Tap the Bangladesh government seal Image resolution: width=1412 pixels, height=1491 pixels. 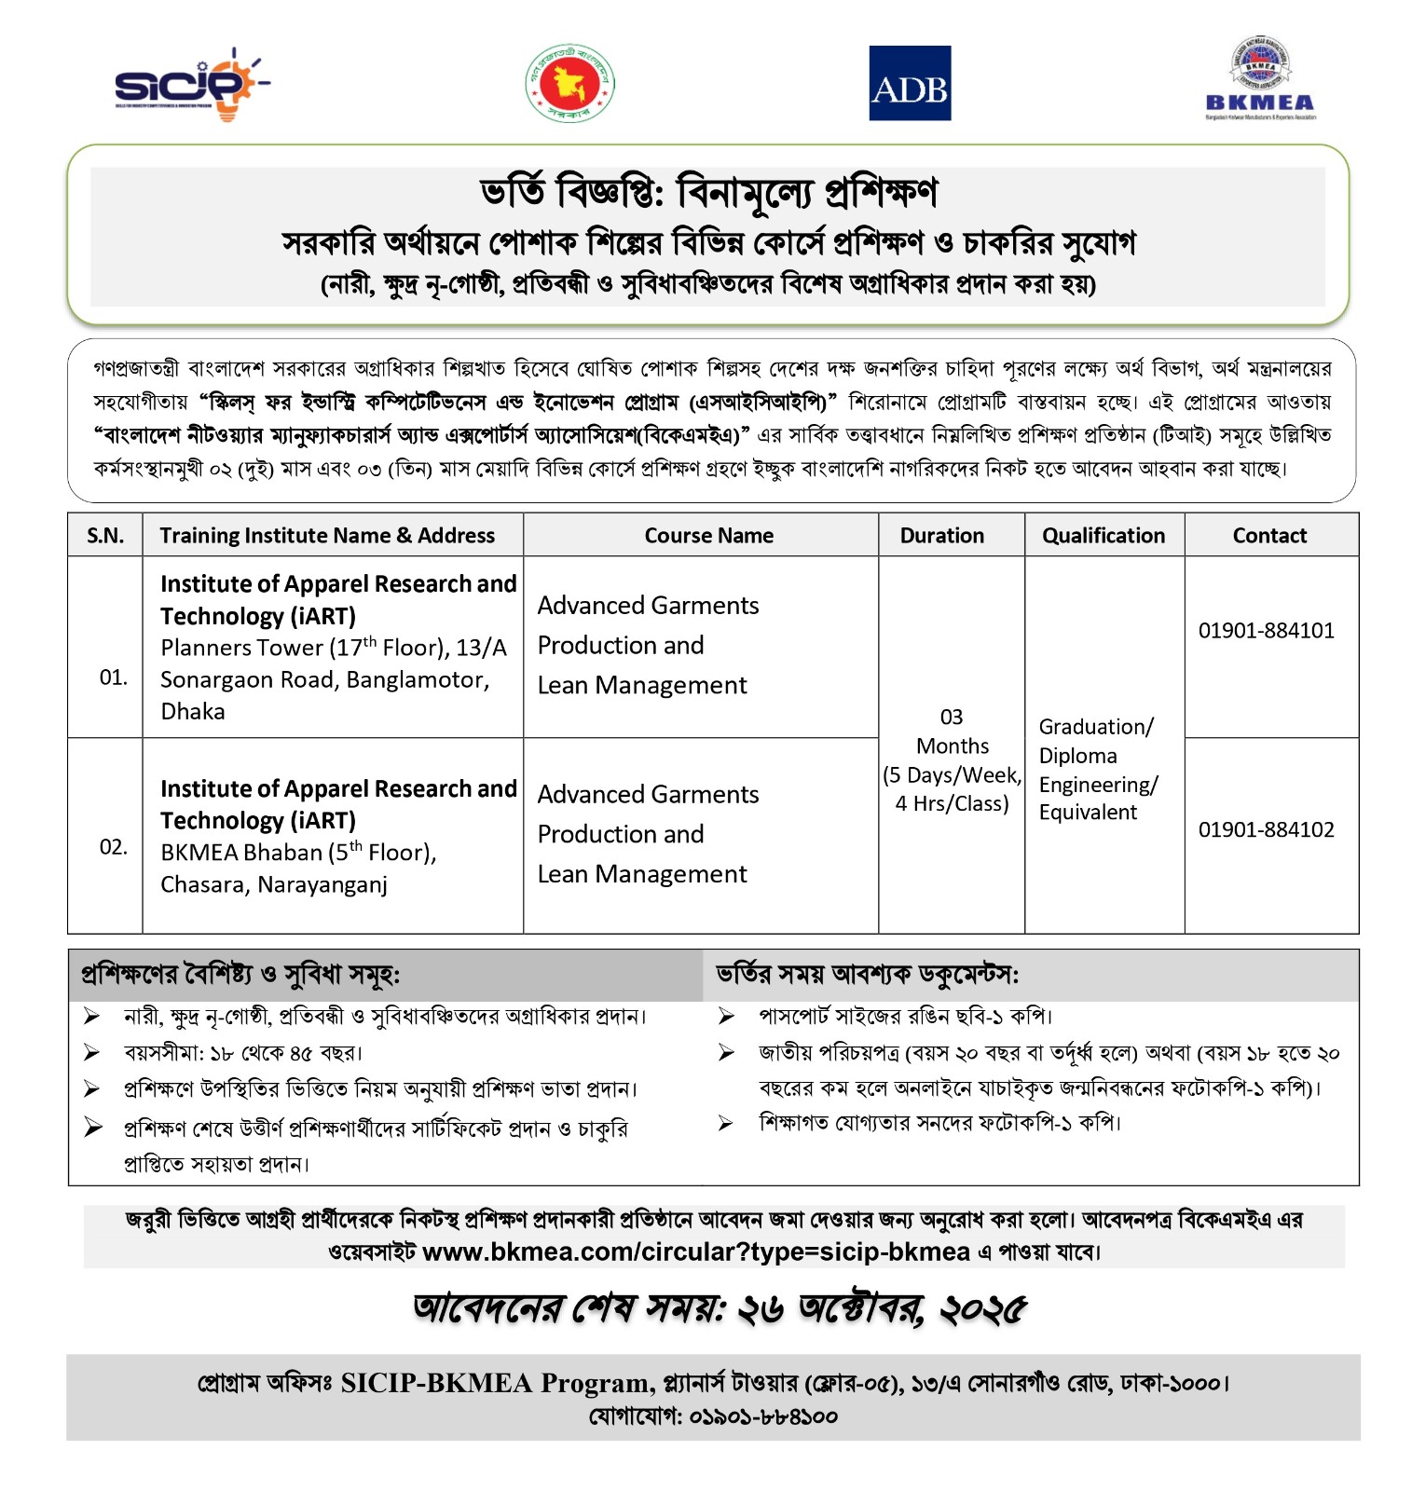(570, 83)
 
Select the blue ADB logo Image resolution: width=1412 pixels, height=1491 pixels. (909, 83)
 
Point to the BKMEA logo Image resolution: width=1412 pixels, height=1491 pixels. (1260, 81)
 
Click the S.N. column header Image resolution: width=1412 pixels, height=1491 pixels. (105, 536)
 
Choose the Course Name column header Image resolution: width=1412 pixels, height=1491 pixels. (708, 536)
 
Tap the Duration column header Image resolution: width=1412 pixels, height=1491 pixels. (941, 536)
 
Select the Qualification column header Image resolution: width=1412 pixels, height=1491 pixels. (1104, 536)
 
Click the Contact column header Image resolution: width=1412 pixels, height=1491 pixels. (1269, 536)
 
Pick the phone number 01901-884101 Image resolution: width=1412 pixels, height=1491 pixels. (1266, 631)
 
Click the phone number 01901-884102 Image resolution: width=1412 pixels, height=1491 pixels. (1266, 829)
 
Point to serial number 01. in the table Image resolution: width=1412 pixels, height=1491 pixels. (114, 677)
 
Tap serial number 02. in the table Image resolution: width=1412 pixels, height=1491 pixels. (114, 847)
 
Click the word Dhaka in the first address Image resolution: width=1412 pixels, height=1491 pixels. (193, 712)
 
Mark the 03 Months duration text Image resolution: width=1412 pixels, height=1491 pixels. (952, 732)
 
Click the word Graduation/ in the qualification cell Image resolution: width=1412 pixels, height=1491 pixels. (1096, 727)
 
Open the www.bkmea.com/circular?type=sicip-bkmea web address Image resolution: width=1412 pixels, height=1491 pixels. (696, 1252)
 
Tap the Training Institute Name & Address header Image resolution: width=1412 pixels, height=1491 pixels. (327, 536)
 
